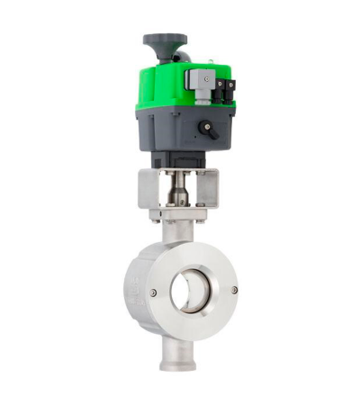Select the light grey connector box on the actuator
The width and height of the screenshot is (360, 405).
[199, 78]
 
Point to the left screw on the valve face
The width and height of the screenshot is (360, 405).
[153, 292]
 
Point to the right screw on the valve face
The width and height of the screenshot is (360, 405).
[235, 290]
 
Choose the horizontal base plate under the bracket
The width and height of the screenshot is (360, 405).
[177, 215]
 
